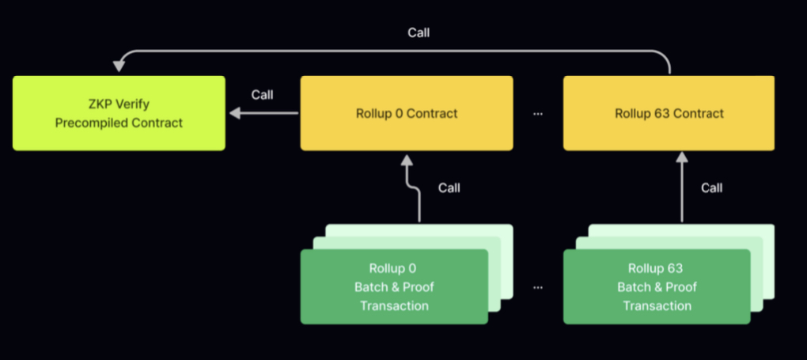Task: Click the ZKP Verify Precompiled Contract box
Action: point(119,113)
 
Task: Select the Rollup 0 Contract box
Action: point(407,113)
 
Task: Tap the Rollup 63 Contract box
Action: point(669,113)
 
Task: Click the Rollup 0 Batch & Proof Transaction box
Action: point(393,286)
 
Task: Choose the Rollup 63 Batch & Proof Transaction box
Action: point(656,286)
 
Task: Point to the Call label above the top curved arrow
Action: point(419,32)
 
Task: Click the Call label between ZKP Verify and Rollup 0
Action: point(262,95)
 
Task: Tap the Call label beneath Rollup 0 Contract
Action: point(449,188)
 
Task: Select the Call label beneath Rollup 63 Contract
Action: point(711,188)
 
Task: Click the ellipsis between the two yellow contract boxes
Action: point(538,114)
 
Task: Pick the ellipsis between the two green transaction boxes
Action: point(538,287)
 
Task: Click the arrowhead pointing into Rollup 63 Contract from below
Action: point(681,158)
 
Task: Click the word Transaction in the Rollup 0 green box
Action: point(394,305)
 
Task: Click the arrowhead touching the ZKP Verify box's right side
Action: point(235,113)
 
